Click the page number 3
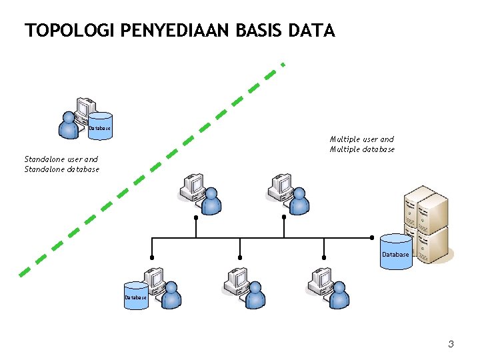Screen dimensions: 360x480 tap(451, 344)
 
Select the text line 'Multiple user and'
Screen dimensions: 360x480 tap(361, 139)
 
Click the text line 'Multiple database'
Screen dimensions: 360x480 tap(362, 149)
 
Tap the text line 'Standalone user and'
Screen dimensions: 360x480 tap(61, 159)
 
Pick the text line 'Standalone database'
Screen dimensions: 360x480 tap(61, 169)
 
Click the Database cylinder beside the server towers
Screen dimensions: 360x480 tap(395, 252)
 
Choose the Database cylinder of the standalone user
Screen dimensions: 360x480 tap(100, 126)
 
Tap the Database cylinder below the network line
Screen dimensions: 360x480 tap(135, 295)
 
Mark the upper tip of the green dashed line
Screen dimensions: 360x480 tap(283, 65)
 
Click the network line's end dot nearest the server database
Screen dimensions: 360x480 tap(372, 237)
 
